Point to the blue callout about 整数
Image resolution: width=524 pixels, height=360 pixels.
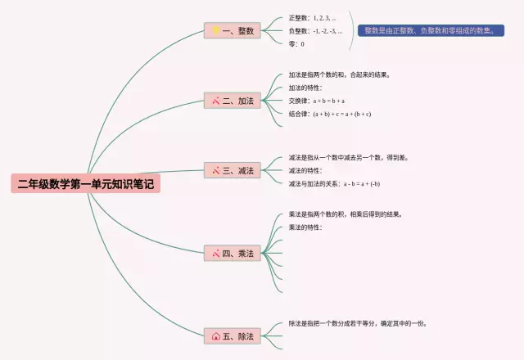coord(431,30)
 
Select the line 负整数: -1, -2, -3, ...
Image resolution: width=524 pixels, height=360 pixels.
coord(315,31)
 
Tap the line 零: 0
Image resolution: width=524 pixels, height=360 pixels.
coord(296,44)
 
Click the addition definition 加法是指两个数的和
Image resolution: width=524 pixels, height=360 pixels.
coord(339,74)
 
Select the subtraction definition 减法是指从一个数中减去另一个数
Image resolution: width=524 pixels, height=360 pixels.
coord(348,157)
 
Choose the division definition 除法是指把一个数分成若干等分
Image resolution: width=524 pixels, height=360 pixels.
coord(358,323)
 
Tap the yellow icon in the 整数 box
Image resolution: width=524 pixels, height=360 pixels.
coord(216,31)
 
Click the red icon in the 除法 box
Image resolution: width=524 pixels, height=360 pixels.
coord(216,335)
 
